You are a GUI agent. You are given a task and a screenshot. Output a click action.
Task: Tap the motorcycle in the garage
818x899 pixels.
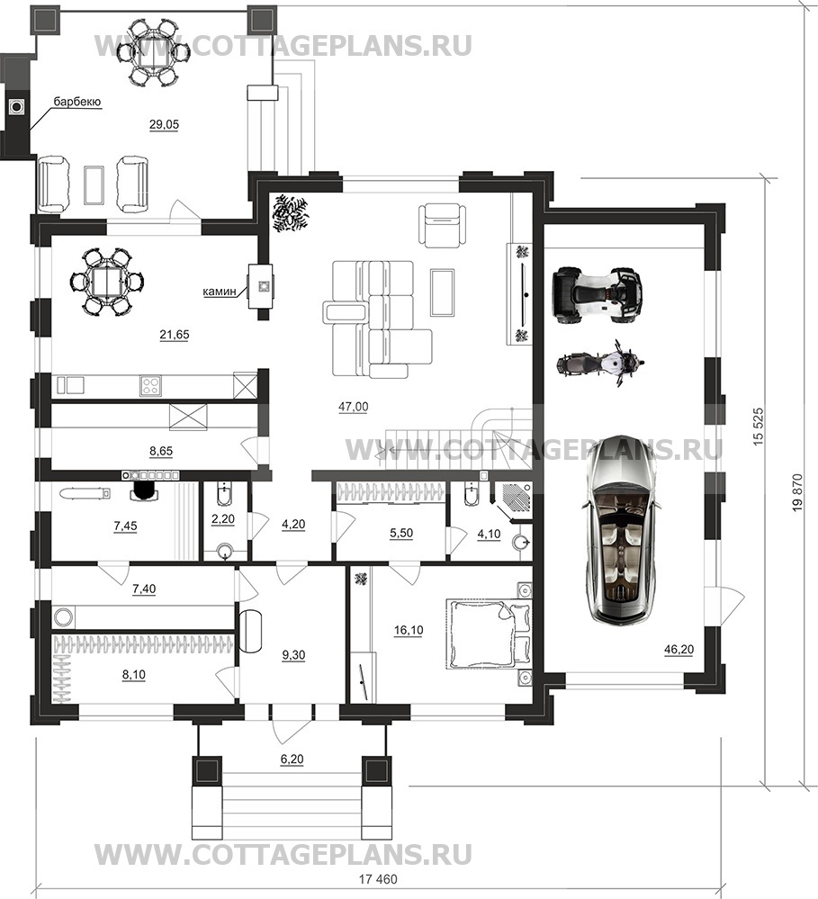click(601, 364)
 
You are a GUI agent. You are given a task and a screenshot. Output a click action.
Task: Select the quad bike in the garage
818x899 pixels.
click(596, 292)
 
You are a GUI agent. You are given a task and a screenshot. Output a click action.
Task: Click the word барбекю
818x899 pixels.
click(77, 102)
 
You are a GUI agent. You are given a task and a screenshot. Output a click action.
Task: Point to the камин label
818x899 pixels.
click(220, 292)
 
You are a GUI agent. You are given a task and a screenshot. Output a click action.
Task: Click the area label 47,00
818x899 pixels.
click(353, 407)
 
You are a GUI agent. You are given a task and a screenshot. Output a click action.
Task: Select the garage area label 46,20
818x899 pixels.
click(679, 650)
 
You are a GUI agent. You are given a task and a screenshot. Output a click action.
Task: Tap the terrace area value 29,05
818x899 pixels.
click(164, 124)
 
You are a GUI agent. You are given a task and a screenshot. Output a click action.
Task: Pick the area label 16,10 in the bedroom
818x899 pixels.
click(409, 631)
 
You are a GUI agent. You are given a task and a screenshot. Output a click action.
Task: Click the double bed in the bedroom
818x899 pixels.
click(489, 634)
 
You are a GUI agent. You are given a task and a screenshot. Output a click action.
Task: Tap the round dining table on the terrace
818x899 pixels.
click(153, 53)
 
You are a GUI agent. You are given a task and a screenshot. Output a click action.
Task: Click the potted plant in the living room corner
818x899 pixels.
click(290, 213)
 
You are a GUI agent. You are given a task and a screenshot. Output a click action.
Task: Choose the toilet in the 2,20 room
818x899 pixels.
click(224, 493)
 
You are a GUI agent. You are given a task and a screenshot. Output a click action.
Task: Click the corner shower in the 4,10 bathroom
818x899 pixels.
click(513, 499)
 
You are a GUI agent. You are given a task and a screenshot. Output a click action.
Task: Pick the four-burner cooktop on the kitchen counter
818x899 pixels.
click(151, 385)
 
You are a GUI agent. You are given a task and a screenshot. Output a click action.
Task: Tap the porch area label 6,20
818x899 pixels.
click(292, 760)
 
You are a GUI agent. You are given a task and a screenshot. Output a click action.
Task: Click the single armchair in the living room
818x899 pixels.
click(442, 225)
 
